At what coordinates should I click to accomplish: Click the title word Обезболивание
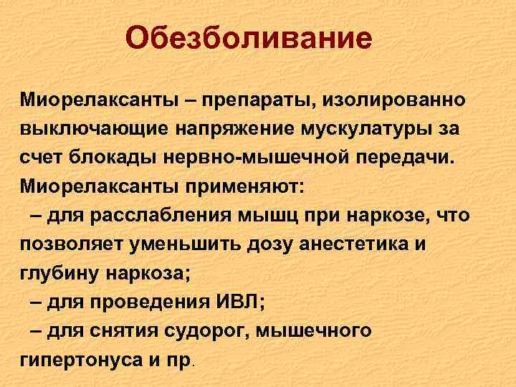[249, 38]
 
